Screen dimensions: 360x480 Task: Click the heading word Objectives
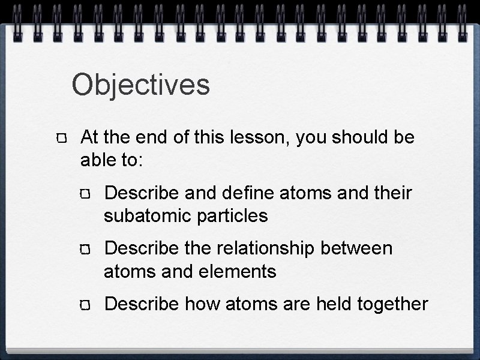tap(141, 85)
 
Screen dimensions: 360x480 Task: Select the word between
tap(360, 248)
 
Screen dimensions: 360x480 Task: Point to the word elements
tap(238, 271)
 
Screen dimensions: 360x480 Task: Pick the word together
tap(392, 304)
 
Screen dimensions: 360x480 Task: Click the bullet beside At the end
tap(63, 139)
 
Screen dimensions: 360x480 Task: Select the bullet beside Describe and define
tap(87, 194)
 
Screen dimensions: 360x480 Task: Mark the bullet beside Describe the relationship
tap(87, 250)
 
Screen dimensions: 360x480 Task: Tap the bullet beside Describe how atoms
tap(87, 305)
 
